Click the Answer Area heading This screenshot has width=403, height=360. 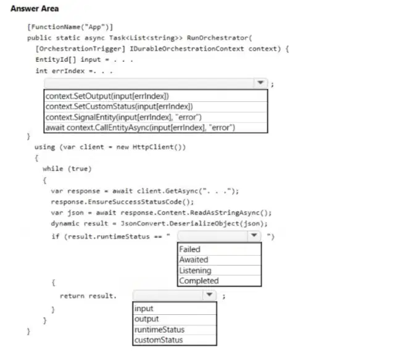click(x=35, y=9)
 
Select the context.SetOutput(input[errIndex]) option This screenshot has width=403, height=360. click(x=107, y=96)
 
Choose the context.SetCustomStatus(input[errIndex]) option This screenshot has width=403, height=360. click(x=119, y=106)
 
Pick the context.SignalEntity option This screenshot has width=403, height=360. click(x=123, y=117)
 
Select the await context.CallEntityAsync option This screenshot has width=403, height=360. click(x=140, y=128)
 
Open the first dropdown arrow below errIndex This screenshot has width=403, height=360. click(x=260, y=83)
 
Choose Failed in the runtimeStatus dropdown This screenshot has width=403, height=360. click(x=189, y=249)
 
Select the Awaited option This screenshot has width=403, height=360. click(x=194, y=260)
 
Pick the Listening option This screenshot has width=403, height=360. click(x=196, y=270)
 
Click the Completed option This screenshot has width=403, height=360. click(x=199, y=281)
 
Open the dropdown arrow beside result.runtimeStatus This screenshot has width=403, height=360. click(x=254, y=235)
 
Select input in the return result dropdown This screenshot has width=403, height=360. click(x=144, y=309)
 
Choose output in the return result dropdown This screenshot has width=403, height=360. click(x=146, y=319)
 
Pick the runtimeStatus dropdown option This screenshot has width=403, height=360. click(x=159, y=330)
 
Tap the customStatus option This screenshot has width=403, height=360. click(x=159, y=340)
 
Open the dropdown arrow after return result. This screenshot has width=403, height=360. click(x=209, y=295)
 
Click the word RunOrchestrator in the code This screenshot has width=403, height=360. click(x=217, y=38)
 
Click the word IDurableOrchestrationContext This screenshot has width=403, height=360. click(x=186, y=49)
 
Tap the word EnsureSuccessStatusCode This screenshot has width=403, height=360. click(x=135, y=202)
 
